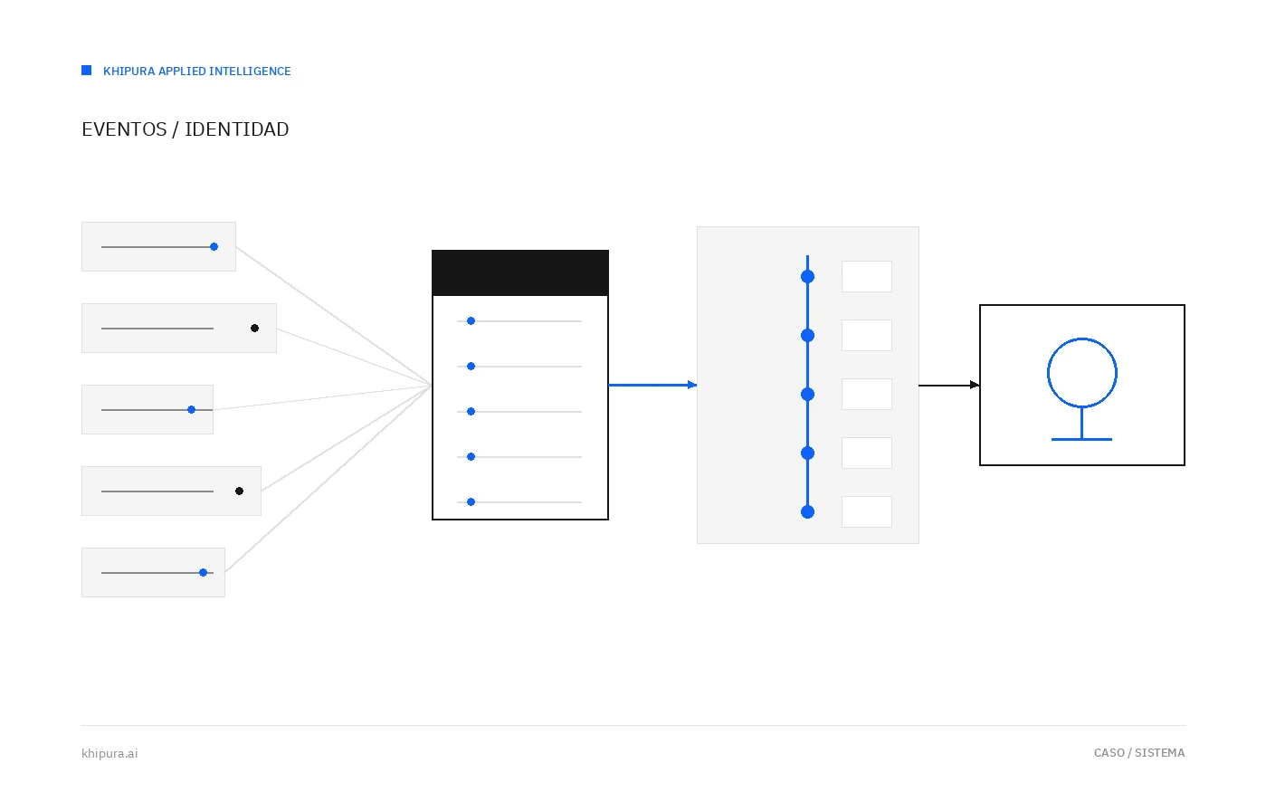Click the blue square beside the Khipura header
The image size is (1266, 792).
pyautogui.click(x=87, y=70)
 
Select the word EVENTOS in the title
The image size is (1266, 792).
pyautogui.click(x=124, y=129)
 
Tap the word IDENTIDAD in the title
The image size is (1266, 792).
pyautogui.click(x=237, y=129)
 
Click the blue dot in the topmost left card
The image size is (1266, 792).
pyautogui.click(x=214, y=246)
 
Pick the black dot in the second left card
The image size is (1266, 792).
pyautogui.click(x=255, y=328)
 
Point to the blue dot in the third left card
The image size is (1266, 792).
pyautogui.click(x=192, y=409)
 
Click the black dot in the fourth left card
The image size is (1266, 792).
pyautogui.click(x=240, y=491)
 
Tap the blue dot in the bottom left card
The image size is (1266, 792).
pyautogui.click(x=204, y=572)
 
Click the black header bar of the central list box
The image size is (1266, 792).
pyautogui.click(x=520, y=272)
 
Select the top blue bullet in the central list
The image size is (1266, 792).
pyautogui.click(x=471, y=321)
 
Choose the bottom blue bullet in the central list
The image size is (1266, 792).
pyautogui.click(x=471, y=502)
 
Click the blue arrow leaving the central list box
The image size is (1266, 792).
pyautogui.click(x=652, y=385)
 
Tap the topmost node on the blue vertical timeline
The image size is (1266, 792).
pyautogui.click(x=807, y=276)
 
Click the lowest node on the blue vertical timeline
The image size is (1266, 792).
pyautogui.click(x=807, y=512)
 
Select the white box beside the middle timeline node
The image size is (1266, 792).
pyautogui.click(x=867, y=394)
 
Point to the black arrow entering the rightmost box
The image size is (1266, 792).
pyautogui.click(x=949, y=385)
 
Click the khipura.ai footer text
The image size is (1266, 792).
pyautogui.click(x=109, y=754)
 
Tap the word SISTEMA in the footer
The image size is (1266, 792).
pyautogui.click(x=1160, y=753)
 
